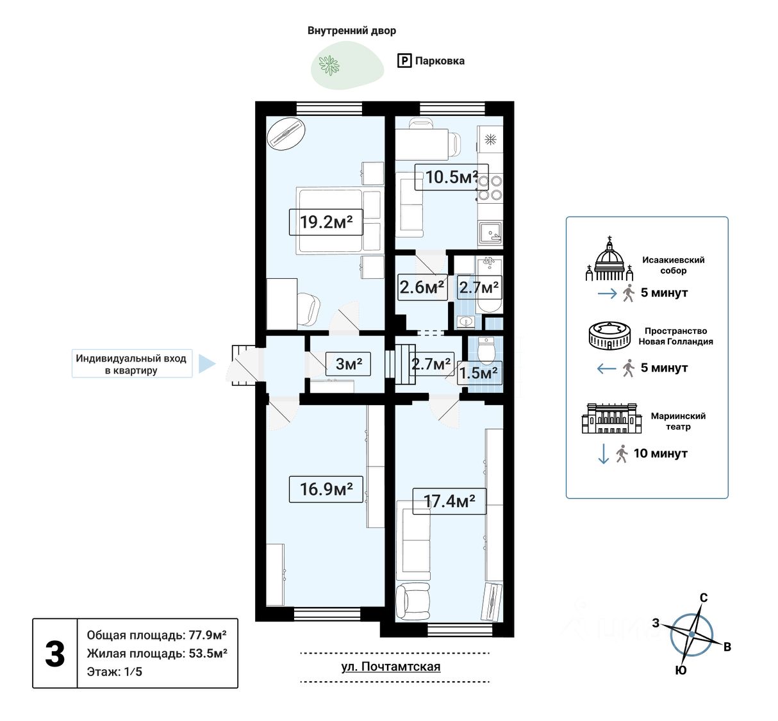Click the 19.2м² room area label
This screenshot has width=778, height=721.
point(326,222)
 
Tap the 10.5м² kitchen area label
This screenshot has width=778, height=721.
point(451,177)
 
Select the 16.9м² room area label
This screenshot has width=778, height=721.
point(326,489)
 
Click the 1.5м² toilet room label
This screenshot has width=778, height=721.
point(479,373)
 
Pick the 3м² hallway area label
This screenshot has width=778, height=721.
point(349,364)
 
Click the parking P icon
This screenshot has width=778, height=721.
point(404,61)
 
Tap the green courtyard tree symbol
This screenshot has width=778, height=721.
point(329,65)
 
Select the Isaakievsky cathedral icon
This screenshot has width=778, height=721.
point(609,260)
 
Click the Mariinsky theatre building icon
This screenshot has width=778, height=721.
point(611,419)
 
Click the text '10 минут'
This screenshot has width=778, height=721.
point(660,453)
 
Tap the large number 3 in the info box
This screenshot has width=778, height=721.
point(55,654)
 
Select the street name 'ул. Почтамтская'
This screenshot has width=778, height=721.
point(390,667)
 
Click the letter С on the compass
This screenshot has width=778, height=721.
point(703,598)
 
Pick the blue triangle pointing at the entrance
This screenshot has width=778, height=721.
point(206,363)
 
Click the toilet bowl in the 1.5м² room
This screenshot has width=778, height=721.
point(486,351)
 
